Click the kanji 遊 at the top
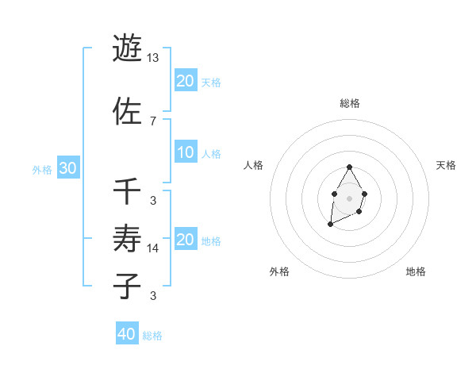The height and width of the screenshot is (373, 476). [x=128, y=48]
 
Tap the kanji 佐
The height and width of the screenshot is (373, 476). [x=128, y=111]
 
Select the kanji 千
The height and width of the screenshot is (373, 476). [x=128, y=191]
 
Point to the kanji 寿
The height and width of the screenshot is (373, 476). [x=128, y=237]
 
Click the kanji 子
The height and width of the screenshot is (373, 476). [x=128, y=285]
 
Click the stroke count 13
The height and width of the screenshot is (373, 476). [x=153, y=58]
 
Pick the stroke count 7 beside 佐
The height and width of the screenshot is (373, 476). [x=152, y=121]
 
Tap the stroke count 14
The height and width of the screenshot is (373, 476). [x=153, y=248]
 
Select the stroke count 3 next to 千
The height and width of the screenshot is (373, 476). [x=152, y=200]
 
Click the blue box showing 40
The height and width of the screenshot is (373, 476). [x=127, y=334]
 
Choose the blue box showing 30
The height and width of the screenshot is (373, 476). [x=67, y=168]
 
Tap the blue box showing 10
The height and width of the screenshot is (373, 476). [x=186, y=152]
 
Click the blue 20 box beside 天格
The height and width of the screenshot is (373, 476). [x=186, y=81]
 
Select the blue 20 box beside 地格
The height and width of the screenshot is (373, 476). [x=186, y=240]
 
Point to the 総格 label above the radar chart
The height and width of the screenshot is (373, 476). [x=350, y=103]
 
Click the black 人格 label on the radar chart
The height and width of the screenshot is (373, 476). [x=254, y=165]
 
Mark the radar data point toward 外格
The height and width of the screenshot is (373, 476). [x=330, y=225]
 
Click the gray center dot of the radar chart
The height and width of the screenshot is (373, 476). [x=349, y=197]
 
